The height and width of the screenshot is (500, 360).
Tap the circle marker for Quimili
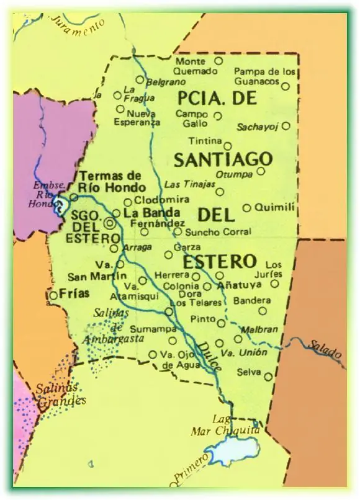[x=247, y=208]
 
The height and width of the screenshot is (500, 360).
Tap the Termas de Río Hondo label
[x=112, y=182]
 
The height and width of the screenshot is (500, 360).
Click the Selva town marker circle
[x=268, y=377]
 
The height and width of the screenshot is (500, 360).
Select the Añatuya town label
[x=239, y=286]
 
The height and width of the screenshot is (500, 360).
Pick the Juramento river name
[x=78, y=24]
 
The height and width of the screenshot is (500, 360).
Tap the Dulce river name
[x=209, y=357]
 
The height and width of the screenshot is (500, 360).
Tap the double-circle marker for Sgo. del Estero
[x=110, y=223]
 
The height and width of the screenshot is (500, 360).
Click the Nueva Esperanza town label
[x=143, y=118]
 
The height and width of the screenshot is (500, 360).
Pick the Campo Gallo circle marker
[x=218, y=115]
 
